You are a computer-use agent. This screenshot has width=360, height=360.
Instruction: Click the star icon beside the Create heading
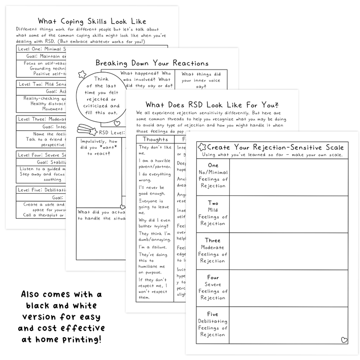point(202,147)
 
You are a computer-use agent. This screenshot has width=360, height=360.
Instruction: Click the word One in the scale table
point(213,165)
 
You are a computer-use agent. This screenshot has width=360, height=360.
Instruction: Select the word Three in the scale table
point(213,240)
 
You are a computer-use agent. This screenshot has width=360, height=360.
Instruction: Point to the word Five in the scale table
point(213,314)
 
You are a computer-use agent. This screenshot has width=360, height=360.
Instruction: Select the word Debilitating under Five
point(213,321)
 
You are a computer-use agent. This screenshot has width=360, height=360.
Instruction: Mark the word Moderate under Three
point(213,247)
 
